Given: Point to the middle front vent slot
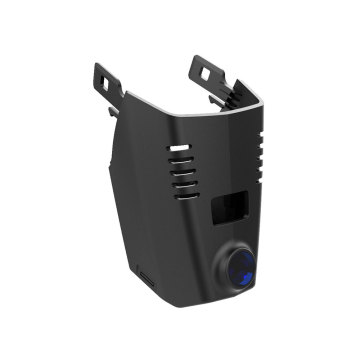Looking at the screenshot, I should coord(181,170).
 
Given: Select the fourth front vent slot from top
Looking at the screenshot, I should coord(183,182).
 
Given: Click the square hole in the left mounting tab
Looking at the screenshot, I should coord(104,74).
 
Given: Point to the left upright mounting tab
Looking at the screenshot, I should coord(104,80).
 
